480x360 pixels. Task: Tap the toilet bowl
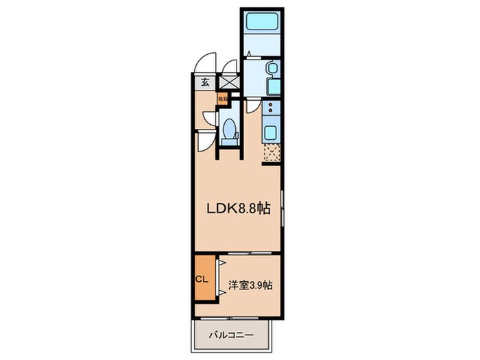230,129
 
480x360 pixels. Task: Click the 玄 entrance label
204,82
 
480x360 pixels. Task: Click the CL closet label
202,279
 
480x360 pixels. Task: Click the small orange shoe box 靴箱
222,98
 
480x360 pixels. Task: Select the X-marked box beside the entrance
227,82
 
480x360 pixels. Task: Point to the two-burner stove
271,109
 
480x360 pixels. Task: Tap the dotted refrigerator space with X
272,152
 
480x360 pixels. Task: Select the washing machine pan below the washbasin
272,86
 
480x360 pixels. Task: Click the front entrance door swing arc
204,64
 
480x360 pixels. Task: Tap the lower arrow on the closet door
221,293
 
